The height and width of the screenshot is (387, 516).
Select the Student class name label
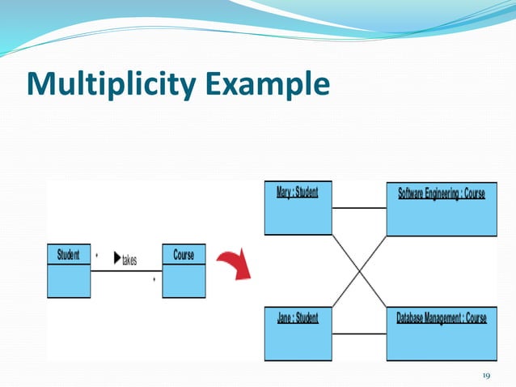coord(69,255)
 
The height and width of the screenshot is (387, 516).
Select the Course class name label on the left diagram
coord(184,255)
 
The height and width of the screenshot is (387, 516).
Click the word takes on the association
coord(129,260)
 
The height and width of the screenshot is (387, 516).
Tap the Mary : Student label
coord(297,193)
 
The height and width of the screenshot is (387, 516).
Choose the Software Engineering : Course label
coord(442,193)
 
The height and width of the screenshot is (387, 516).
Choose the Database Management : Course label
coord(442,318)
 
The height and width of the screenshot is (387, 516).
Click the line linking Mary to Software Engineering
coord(358,208)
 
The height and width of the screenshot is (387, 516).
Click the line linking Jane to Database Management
coord(358,334)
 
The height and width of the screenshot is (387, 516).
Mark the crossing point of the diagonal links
coord(358,271)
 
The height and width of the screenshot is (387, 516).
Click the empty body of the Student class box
coord(69,281)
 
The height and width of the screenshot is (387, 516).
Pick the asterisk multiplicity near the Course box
coord(154,280)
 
